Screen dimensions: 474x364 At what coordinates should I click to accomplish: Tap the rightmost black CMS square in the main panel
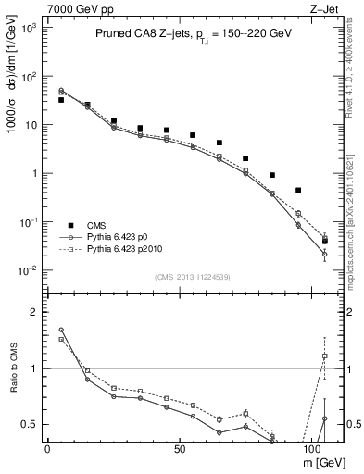coord(324,241)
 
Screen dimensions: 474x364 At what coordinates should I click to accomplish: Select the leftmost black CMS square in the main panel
coord(61,99)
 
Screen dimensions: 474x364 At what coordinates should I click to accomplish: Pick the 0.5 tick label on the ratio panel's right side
coord(350,424)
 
